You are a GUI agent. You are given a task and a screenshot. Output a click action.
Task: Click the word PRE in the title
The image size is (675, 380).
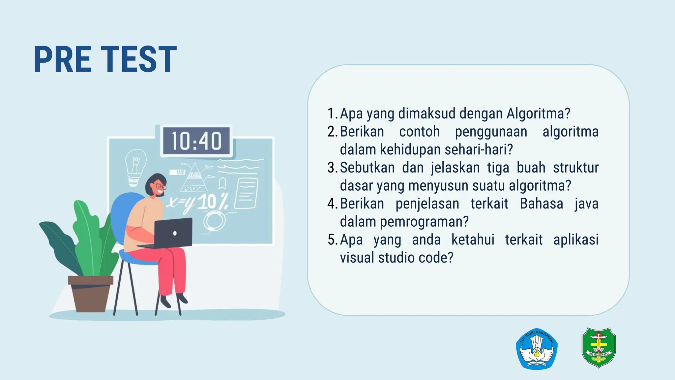point(63,59)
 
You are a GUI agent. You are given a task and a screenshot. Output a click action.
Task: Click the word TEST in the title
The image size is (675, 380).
point(139,59)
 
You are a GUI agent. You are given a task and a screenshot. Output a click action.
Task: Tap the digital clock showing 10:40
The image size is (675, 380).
point(196,141)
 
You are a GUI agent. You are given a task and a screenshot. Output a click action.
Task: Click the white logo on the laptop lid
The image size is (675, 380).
point(175,233)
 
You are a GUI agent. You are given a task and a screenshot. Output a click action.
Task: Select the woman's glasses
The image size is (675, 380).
point(159,186)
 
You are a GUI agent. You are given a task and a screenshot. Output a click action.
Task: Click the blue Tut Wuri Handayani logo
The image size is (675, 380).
point(537,349)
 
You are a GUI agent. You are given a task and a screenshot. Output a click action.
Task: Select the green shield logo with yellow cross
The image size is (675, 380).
point(599,347)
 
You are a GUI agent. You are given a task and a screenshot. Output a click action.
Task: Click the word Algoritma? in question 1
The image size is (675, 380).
point(538,113)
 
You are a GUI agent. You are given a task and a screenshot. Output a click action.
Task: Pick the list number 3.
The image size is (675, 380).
point(331,168)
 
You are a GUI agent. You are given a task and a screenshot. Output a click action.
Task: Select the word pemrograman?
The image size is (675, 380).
point(424,222)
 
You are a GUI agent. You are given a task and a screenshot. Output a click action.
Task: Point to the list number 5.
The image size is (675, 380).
point(332,240)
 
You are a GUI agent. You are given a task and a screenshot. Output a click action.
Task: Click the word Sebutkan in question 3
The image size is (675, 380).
point(367,168)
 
